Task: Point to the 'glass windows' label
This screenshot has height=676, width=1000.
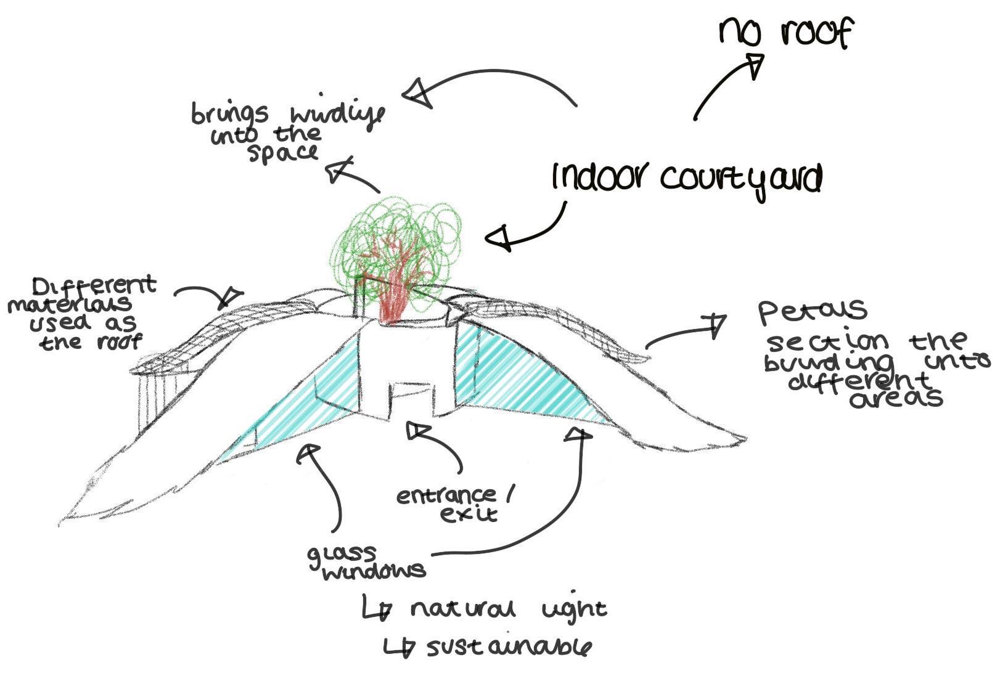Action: click(x=366, y=563)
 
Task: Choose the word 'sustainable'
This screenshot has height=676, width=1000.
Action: click(x=509, y=647)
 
